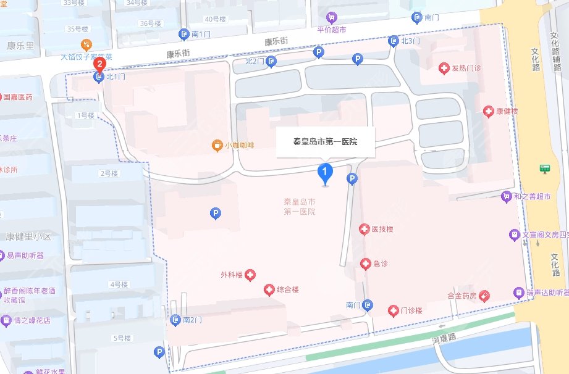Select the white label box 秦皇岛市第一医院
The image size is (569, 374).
point(325,141)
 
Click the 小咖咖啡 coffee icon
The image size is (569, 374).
point(216,146)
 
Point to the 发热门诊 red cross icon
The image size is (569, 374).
point(443,69)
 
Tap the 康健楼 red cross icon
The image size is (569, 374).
point(487,111)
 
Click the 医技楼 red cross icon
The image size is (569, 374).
point(365,230)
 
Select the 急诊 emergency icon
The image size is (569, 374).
point(366,264)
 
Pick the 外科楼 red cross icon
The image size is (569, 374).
point(250,275)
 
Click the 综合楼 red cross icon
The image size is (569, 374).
point(269,289)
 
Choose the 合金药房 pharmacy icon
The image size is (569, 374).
point(484,296)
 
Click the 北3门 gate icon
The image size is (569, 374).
point(394,41)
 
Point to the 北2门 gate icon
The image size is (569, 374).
point(272,61)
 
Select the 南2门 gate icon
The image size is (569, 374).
point(175,320)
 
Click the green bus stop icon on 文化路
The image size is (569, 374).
point(544,168)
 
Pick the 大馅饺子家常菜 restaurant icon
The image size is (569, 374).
point(87,44)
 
